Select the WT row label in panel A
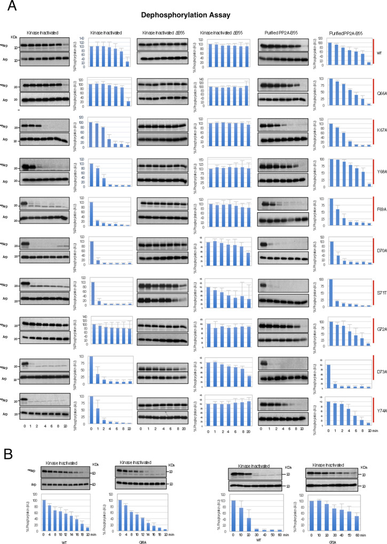[x=378, y=53]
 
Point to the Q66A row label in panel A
[x=378, y=92]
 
